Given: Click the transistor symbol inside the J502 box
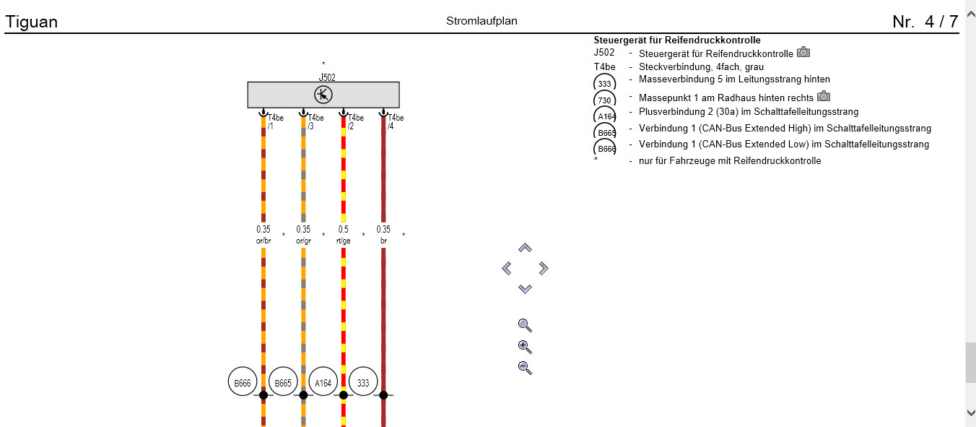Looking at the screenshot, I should click(x=323, y=95).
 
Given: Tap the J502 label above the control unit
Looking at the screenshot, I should click(x=327, y=77).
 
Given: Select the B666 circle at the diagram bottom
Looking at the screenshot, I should click(x=242, y=383).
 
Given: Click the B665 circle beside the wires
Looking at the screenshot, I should click(x=282, y=383).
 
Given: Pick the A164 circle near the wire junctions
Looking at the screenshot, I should click(x=323, y=383).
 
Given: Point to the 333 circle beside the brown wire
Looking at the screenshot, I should click(x=363, y=383).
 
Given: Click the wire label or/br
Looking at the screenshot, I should click(x=263, y=241).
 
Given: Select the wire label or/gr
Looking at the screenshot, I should click(x=303, y=241).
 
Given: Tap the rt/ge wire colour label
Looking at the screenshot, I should click(x=343, y=241).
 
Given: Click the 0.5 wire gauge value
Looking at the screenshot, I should click(x=343, y=230).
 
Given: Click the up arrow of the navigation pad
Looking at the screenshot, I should click(x=525, y=248).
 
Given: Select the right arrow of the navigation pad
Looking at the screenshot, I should click(x=544, y=269).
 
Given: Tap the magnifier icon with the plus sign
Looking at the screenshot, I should click(x=525, y=347).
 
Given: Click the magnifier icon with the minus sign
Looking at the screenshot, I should click(x=525, y=368).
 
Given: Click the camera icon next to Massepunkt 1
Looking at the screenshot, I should click(x=823, y=96).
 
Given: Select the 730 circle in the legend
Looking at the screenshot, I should click(x=604, y=100).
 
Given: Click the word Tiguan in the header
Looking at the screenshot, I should click(x=31, y=22).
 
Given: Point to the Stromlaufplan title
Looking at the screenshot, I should click(x=482, y=21).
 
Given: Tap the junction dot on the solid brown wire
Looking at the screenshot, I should click(x=383, y=395).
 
